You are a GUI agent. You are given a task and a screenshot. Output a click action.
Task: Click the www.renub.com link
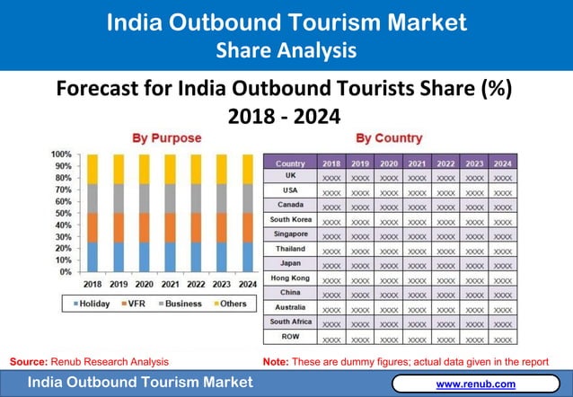coord(475,384)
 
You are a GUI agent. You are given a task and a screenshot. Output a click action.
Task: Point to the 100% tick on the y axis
coord(61,155)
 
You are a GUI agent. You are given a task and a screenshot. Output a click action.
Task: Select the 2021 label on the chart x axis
coord(168,284)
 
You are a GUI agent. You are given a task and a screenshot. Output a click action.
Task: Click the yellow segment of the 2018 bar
coord(93,169)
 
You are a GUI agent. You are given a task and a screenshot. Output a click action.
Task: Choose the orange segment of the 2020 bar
coord(143,227)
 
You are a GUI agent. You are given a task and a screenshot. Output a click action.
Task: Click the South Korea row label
coord(290,219)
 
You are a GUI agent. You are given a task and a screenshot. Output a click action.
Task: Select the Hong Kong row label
coord(290,278)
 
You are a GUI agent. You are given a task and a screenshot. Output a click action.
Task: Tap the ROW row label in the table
coord(290,336)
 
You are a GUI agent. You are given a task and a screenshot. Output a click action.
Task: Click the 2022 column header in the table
coord(445,163)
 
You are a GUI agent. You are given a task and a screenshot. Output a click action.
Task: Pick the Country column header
coord(290,163)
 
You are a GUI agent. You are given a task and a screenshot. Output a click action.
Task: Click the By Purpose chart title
coord(167,138)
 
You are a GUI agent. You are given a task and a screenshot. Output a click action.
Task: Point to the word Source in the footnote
coord(27,361)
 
